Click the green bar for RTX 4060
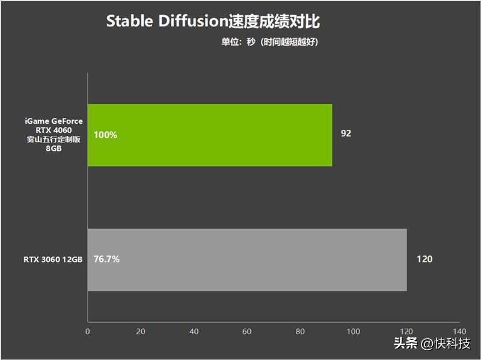[x=210, y=135]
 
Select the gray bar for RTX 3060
[x=247, y=260]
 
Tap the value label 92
[x=346, y=133]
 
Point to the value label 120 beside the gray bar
[x=424, y=259]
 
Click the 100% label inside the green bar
[x=105, y=135]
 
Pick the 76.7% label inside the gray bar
[x=106, y=259]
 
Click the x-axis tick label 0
[x=88, y=332]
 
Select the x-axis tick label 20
[x=141, y=332]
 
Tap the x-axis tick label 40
[x=194, y=332]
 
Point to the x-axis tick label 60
[x=247, y=332]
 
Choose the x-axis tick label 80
[x=300, y=332]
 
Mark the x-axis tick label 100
[x=354, y=332]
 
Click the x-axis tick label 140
[x=459, y=332]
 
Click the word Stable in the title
[x=129, y=21]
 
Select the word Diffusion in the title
[x=192, y=21]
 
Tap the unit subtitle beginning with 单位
[x=269, y=41]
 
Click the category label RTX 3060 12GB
[x=53, y=260]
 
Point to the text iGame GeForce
[x=54, y=121]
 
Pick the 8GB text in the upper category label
[x=54, y=148]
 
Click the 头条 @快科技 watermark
[x=432, y=343]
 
